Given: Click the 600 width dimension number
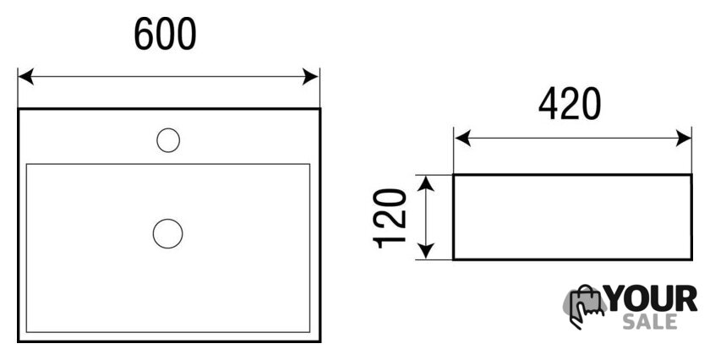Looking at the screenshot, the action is click(x=165, y=34).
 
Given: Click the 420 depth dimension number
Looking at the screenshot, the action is click(x=570, y=104).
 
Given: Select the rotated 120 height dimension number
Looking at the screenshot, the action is click(x=390, y=218).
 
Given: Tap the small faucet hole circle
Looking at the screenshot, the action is click(x=168, y=140).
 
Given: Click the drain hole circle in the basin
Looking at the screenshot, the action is click(x=167, y=233).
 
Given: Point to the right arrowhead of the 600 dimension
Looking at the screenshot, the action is click(x=311, y=77).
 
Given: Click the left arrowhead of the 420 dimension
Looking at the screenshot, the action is click(x=462, y=138).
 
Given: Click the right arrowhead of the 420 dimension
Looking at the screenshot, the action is click(x=683, y=138).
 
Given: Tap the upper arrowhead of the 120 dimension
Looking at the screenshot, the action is click(x=426, y=183).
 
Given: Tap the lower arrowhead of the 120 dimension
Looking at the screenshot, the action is click(x=426, y=251).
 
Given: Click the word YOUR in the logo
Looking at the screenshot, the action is click(x=652, y=299).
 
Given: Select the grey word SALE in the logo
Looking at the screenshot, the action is click(x=650, y=321).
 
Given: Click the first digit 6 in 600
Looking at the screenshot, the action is click(x=144, y=34).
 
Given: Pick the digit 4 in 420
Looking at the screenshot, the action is click(x=549, y=104).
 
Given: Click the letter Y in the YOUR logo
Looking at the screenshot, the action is click(x=617, y=299).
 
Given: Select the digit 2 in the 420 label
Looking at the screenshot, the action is click(x=570, y=104).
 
